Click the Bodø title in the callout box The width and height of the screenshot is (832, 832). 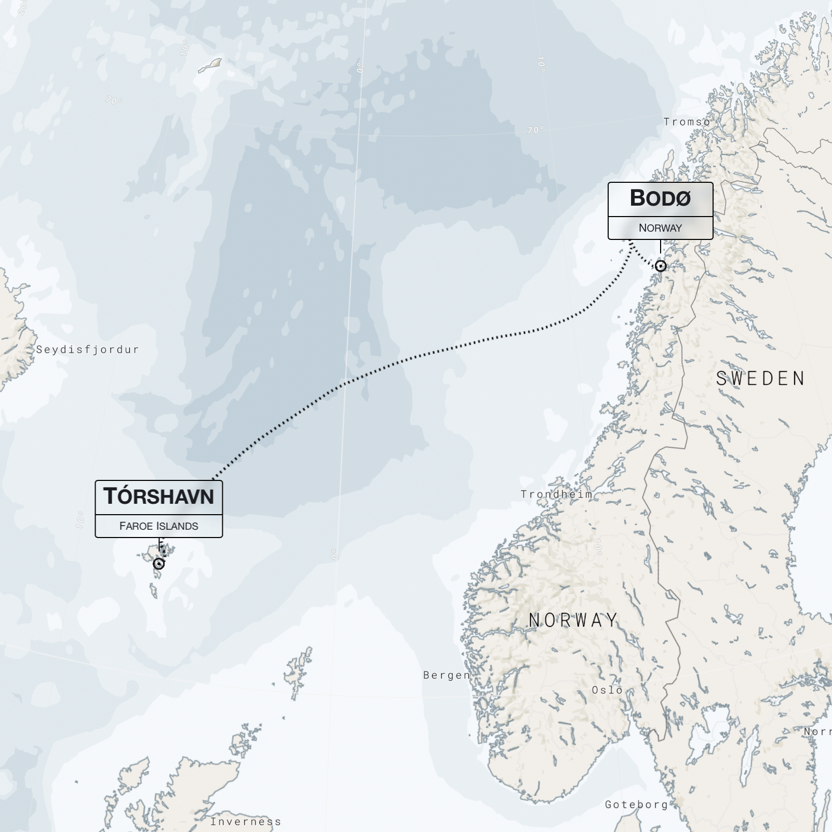(x=660, y=198)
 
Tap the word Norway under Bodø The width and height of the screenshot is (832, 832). (x=660, y=228)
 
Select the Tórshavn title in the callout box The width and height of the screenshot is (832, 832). (x=158, y=496)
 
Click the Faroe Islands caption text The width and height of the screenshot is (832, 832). (x=158, y=526)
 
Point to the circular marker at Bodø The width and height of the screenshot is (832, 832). (x=661, y=266)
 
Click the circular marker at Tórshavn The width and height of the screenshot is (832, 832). (x=159, y=563)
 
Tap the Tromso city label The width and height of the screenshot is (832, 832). (x=687, y=122)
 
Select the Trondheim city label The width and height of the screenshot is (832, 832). (x=556, y=494)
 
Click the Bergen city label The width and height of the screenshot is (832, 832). (x=447, y=675)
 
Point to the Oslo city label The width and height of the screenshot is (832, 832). (x=607, y=690)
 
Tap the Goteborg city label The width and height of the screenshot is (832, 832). (x=636, y=804)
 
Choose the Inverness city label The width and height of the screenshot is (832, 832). (x=246, y=822)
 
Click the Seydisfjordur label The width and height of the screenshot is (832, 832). (x=87, y=350)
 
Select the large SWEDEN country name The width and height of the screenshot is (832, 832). (x=760, y=379)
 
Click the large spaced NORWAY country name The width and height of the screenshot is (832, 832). (x=573, y=620)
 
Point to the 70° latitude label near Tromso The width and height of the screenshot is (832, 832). (x=535, y=130)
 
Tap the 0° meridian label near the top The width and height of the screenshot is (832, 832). (x=360, y=68)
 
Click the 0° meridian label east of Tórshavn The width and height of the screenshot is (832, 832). (x=334, y=554)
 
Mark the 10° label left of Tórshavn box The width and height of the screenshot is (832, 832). (x=80, y=519)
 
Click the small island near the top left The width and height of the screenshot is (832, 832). (x=210, y=65)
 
